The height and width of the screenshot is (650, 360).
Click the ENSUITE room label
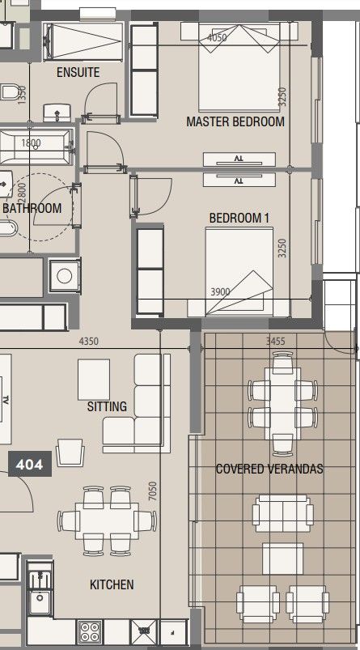tap(78, 73)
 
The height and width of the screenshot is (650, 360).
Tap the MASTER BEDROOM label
tap(235, 122)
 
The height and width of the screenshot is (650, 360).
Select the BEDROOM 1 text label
tap(239, 218)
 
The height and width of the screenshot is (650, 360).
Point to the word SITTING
tap(107, 406)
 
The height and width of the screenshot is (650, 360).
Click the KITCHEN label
tap(112, 584)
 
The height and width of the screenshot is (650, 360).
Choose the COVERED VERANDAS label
tap(269, 469)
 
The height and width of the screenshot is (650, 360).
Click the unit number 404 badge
tap(30, 465)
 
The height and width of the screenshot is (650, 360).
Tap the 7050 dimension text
tap(153, 491)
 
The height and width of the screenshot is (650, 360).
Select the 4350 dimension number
tap(89, 342)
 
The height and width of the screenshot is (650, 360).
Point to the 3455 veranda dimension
tap(276, 342)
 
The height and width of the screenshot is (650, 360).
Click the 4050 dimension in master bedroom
tap(217, 38)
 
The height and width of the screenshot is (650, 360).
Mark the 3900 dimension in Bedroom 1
tap(220, 292)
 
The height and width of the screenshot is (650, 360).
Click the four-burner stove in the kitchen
tap(90, 631)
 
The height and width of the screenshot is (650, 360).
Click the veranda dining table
tap(283, 403)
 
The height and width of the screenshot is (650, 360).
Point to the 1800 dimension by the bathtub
tap(31, 143)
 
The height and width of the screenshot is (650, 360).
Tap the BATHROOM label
tap(32, 208)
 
